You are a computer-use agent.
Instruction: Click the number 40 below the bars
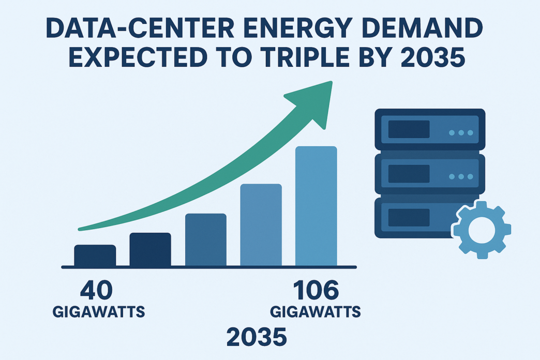coord(96,291)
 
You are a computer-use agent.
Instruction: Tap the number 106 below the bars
coord(316,291)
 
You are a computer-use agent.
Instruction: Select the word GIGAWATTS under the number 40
coord(99,312)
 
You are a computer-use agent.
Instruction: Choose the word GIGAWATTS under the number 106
coord(316,312)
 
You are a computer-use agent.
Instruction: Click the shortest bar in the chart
coord(95,256)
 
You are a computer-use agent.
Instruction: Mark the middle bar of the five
coord(206,240)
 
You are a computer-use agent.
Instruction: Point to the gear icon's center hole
coord(482,229)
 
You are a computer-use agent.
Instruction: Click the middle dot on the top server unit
coord(461,133)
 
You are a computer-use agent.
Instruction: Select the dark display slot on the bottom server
coord(409,217)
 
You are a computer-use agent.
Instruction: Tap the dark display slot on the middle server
coord(409,174)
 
